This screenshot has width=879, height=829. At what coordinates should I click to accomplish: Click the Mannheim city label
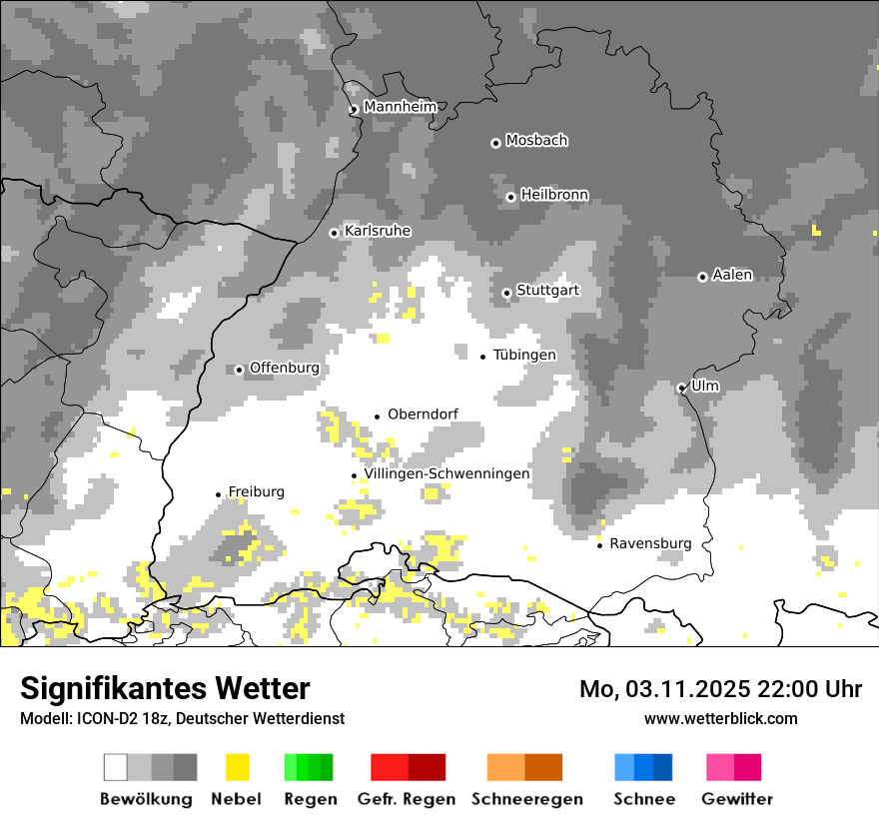pyautogui.click(x=401, y=107)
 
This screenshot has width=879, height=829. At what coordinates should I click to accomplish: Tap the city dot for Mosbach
pyautogui.click(x=495, y=143)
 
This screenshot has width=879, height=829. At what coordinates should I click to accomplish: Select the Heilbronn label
pyautogui.click(x=554, y=195)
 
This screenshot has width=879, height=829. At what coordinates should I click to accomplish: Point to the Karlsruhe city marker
pyautogui.click(x=335, y=233)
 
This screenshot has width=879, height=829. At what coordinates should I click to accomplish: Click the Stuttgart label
pyautogui.click(x=547, y=291)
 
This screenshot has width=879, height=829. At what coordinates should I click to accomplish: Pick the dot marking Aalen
pyautogui.click(x=702, y=277)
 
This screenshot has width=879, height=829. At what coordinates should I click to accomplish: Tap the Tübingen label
pyautogui.click(x=524, y=356)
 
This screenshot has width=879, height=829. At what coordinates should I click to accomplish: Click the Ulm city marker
pyautogui.click(x=681, y=388)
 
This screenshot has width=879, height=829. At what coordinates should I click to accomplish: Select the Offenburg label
pyautogui.click(x=285, y=368)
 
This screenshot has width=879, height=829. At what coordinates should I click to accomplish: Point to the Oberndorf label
pyautogui.click(x=424, y=414)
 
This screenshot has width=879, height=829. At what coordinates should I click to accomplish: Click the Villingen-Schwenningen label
pyautogui.click(x=446, y=474)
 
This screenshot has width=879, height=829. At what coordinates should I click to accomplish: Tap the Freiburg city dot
pyautogui.click(x=218, y=494)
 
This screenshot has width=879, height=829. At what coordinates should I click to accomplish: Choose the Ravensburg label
pyautogui.click(x=650, y=544)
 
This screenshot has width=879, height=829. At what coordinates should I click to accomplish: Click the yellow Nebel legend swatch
pyautogui.click(x=237, y=767)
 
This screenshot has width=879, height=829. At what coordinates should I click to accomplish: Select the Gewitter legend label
pyautogui.click(x=737, y=799)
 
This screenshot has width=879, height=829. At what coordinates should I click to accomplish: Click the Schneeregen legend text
pyautogui.click(x=527, y=799)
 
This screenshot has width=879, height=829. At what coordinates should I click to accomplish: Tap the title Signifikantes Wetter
pyautogui.click(x=165, y=688)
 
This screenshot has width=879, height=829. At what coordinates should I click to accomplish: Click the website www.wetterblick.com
pyautogui.click(x=721, y=718)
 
